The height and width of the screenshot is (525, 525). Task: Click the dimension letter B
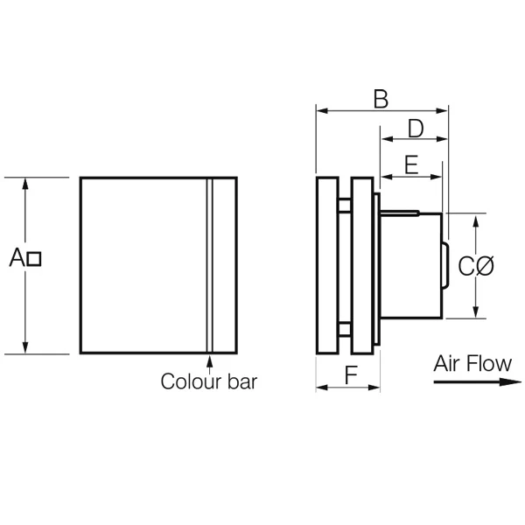(381, 99)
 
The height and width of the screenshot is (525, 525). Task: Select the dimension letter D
(416, 129)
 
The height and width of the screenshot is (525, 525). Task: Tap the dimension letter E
(411, 164)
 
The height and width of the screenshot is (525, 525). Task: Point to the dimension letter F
(351, 374)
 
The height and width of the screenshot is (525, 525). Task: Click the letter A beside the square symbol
(17, 257)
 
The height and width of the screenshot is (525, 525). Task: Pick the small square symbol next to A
(34, 259)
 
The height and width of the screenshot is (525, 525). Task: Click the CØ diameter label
(475, 267)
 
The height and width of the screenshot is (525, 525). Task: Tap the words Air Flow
(472, 363)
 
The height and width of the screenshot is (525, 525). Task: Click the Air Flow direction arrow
(478, 381)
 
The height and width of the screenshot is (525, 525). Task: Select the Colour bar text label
(209, 381)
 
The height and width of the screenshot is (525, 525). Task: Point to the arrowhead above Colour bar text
(210, 360)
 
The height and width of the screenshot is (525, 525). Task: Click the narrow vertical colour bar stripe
(210, 265)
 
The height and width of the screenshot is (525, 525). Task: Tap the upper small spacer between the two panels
(345, 206)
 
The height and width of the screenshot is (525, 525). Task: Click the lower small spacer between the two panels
(345, 329)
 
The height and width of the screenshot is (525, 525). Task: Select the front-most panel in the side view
(327, 265)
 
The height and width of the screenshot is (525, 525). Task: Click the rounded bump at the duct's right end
(445, 265)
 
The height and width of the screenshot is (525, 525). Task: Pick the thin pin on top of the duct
(400, 213)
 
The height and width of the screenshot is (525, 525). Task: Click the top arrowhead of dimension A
(25, 184)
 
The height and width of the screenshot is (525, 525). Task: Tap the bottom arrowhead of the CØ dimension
(476, 311)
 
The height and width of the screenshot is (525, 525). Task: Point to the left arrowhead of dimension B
(322, 110)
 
